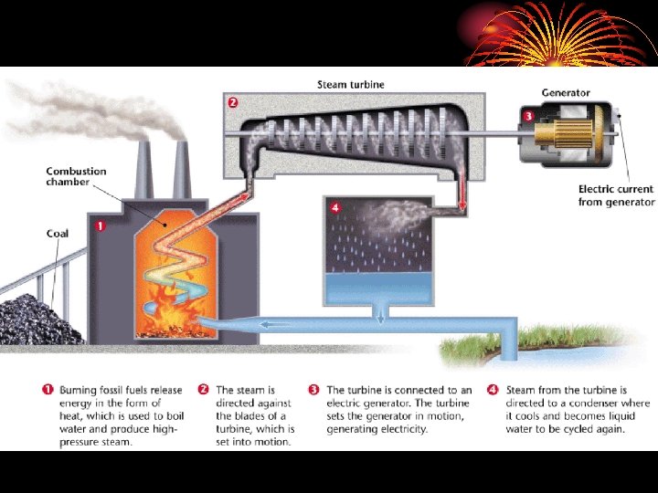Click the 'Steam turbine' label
click(x=350, y=85)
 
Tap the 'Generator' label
click(x=566, y=93)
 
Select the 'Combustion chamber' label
click(x=77, y=176)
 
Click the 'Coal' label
click(x=58, y=234)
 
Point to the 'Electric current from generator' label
click(x=616, y=195)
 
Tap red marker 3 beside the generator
click(x=528, y=116)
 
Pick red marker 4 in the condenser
click(x=334, y=207)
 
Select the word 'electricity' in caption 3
click(x=397, y=428)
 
